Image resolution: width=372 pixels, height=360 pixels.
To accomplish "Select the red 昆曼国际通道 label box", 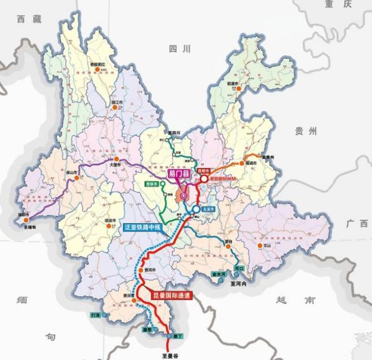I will (172, 296).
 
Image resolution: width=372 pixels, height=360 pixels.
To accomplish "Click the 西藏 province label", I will (29, 20).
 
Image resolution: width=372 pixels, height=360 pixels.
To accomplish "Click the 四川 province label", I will (179, 50).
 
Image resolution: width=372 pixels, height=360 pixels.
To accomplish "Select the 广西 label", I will (356, 224).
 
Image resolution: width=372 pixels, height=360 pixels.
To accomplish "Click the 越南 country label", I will (288, 300).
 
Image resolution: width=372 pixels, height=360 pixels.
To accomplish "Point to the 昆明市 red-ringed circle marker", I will (203, 179).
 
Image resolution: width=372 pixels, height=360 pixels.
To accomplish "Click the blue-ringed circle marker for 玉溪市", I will (196, 209).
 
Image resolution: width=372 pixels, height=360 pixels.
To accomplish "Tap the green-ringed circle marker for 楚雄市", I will (163, 184).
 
